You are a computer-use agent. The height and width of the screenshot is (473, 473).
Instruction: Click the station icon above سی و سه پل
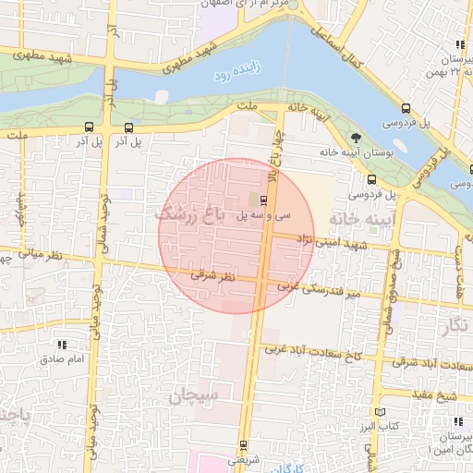(x=264, y=200)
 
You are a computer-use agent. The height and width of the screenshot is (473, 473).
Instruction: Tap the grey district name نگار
(x=456, y=324)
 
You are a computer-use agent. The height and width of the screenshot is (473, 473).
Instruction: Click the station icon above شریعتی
(x=244, y=444)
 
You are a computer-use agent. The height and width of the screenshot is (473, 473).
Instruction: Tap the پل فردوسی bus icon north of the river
(x=407, y=107)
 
